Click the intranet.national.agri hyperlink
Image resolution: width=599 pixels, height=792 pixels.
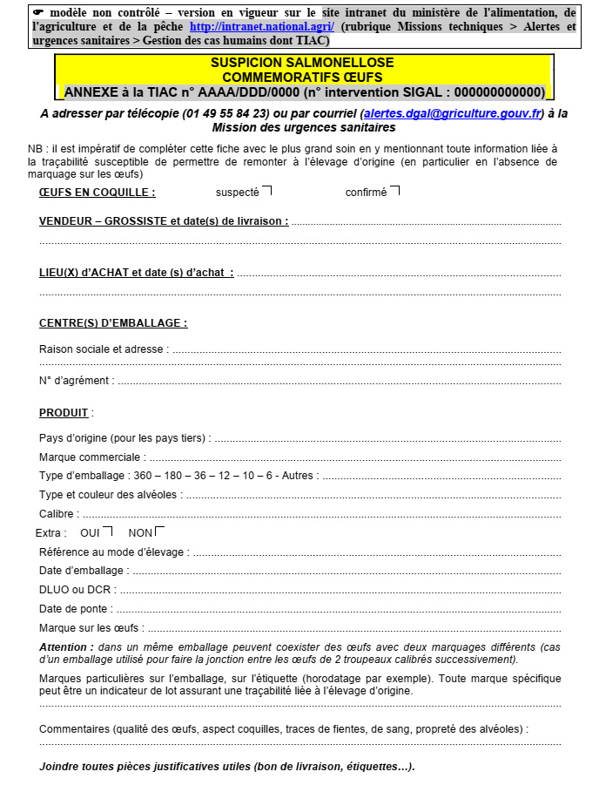(261, 27)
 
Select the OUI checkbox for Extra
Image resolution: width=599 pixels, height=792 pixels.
(107, 531)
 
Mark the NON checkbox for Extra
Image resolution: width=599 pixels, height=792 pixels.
(159, 531)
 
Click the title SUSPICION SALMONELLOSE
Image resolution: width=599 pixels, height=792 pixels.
(302, 63)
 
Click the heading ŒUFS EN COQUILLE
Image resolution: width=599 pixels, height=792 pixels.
(97, 193)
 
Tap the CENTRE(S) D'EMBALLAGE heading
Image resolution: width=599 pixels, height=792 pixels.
(112, 323)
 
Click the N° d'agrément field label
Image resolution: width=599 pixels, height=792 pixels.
(76, 381)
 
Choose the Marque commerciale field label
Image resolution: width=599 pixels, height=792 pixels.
(91, 457)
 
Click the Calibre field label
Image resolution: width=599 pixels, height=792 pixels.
(58, 514)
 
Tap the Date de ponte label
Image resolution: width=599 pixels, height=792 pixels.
(76, 609)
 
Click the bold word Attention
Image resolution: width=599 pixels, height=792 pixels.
(66, 647)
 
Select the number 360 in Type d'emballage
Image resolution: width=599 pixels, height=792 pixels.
(142, 476)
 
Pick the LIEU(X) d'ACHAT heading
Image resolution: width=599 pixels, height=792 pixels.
(136, 273)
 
